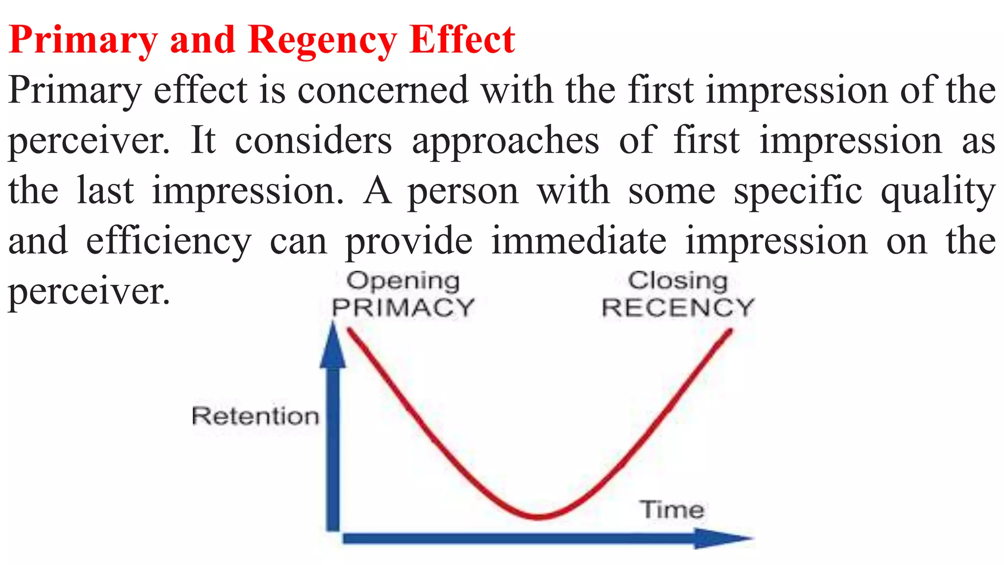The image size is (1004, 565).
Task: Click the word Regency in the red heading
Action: click(x=322, y=40)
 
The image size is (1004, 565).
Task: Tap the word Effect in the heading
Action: click(x=462, y=39)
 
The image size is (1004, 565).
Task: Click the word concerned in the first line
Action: click(x=383, y=90)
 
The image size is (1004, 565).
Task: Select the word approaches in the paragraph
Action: click(x=505, y=141)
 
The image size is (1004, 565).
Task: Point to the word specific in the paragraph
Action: click(x=798, y=191)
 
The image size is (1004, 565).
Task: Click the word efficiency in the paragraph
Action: click(x=169, y=241)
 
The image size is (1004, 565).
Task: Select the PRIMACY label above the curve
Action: click(x=403, y=308)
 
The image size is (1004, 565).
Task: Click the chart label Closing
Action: click(x=678, y=281)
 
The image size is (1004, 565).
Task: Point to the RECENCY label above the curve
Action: click(x=678, y=308)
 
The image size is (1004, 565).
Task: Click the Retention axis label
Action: click(x=255, y=416)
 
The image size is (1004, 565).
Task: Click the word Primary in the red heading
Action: click(x=83, y=40)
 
